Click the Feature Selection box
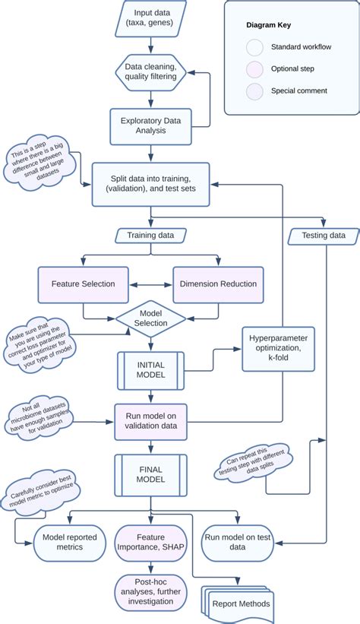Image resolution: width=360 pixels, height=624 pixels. pos(83,284)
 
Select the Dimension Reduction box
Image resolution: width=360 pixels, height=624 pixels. pos(218,284)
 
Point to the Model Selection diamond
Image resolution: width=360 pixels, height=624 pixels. pos(150,318)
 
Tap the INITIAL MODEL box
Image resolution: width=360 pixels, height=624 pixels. pos(150,370)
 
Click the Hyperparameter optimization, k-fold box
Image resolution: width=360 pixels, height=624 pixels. pos(278,348)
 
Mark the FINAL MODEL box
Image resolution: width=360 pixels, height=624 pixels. pos(150,474)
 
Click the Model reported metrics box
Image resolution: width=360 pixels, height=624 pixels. pos(69,541)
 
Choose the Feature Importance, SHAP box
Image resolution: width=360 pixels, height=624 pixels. pos(150,541)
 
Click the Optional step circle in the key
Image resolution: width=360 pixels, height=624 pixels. pos(255,69)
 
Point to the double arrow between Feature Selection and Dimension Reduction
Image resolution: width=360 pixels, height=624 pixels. pos(150,284)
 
